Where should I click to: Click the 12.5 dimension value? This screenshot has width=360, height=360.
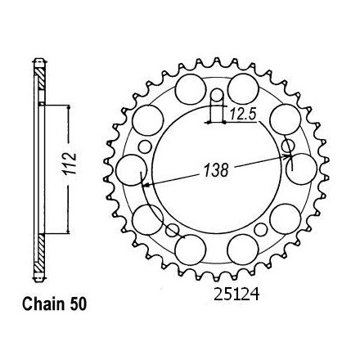click(242, 115)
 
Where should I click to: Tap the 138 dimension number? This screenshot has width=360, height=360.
click(216, 170)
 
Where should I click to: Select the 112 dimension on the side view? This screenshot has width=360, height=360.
click(69, 164)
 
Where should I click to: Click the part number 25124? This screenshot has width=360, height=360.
click(236, 295)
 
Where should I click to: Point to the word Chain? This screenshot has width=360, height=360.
click(43, 304)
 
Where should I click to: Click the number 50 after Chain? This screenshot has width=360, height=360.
click(78, 304)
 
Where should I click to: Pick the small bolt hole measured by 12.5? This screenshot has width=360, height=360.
click(217, 95)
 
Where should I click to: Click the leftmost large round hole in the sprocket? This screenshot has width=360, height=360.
click(131, 170)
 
